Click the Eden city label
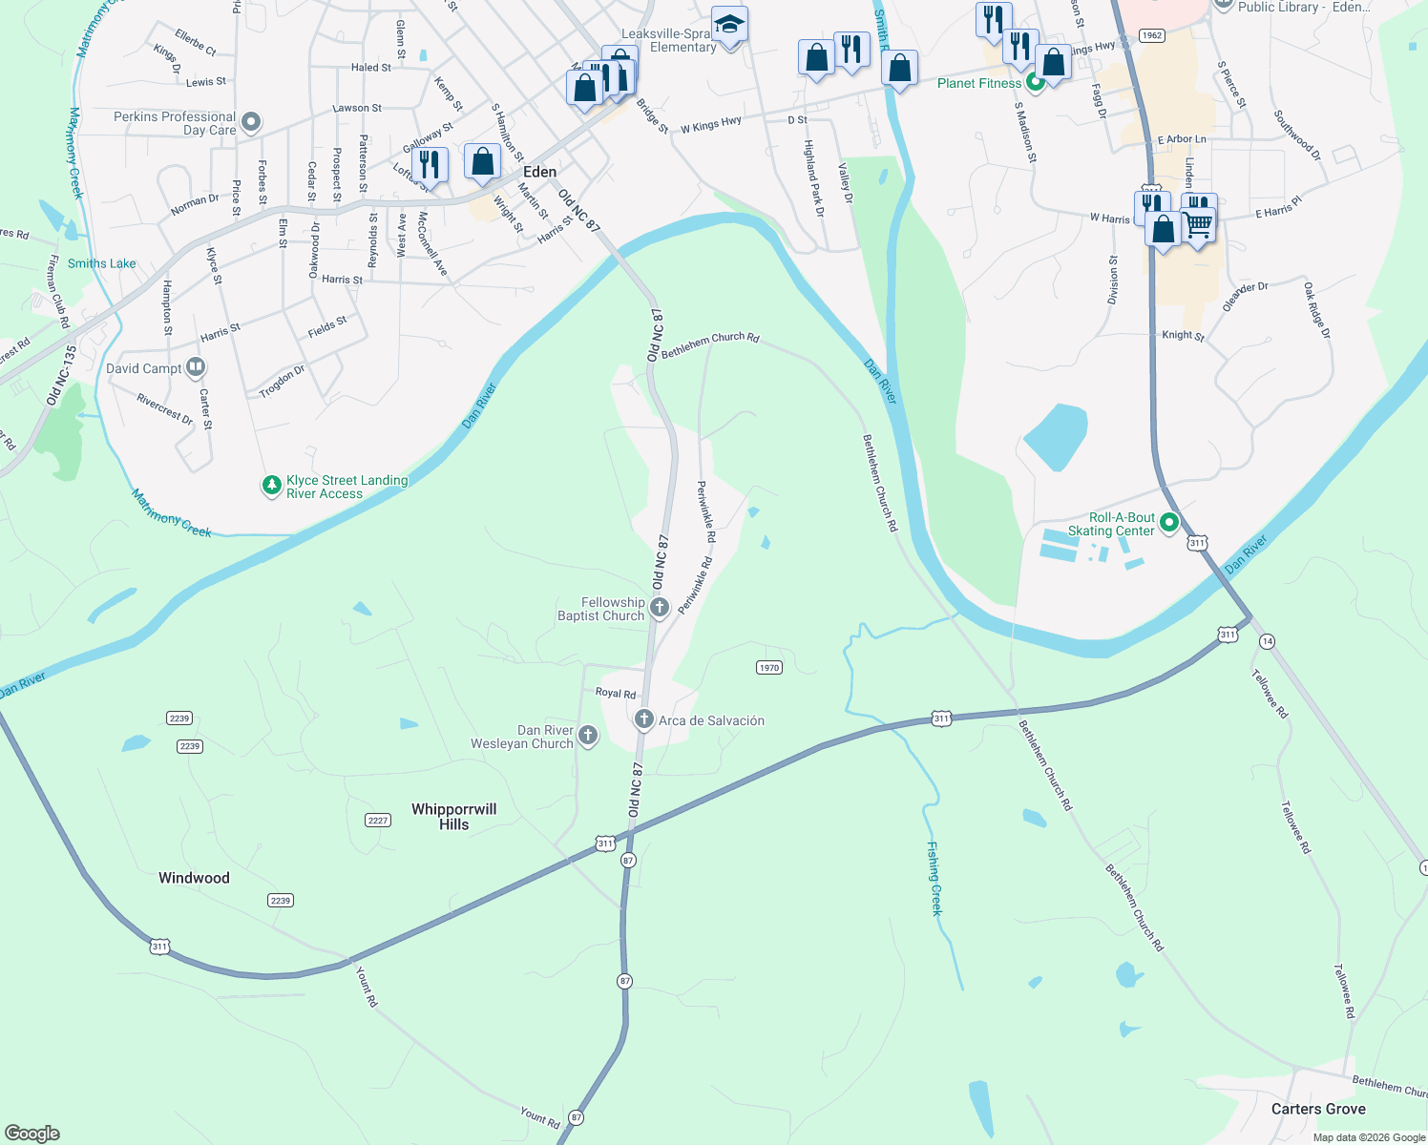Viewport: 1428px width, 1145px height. click(539, 172)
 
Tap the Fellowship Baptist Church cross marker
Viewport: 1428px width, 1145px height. click(659, 607)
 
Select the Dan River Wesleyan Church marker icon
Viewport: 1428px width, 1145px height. click(588, 735)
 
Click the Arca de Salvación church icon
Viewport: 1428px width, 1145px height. click(644, 719)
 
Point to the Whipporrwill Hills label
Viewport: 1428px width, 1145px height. click(454, 817)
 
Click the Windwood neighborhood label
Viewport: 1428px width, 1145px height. click(194, 878)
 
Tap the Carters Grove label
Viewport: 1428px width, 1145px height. click(1318, 1109)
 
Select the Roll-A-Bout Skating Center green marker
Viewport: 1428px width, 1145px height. click(1169, 523)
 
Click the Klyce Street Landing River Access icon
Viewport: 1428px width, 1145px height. click(272, 486)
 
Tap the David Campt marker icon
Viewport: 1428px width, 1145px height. click(196, 366)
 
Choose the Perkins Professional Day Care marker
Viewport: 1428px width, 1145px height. click(251, 122)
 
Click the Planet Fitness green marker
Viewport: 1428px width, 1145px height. click(1035, 83)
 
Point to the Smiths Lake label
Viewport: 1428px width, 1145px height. click(101, 263)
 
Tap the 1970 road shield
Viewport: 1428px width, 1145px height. click(769, 668)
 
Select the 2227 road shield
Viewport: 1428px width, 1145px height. click(378, 821)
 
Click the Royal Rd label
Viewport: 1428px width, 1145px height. click(616, 694)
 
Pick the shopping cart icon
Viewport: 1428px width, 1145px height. click(1199, 225)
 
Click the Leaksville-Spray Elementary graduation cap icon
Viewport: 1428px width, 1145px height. click(729, 24)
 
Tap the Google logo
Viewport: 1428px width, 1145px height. click(32, 1134)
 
